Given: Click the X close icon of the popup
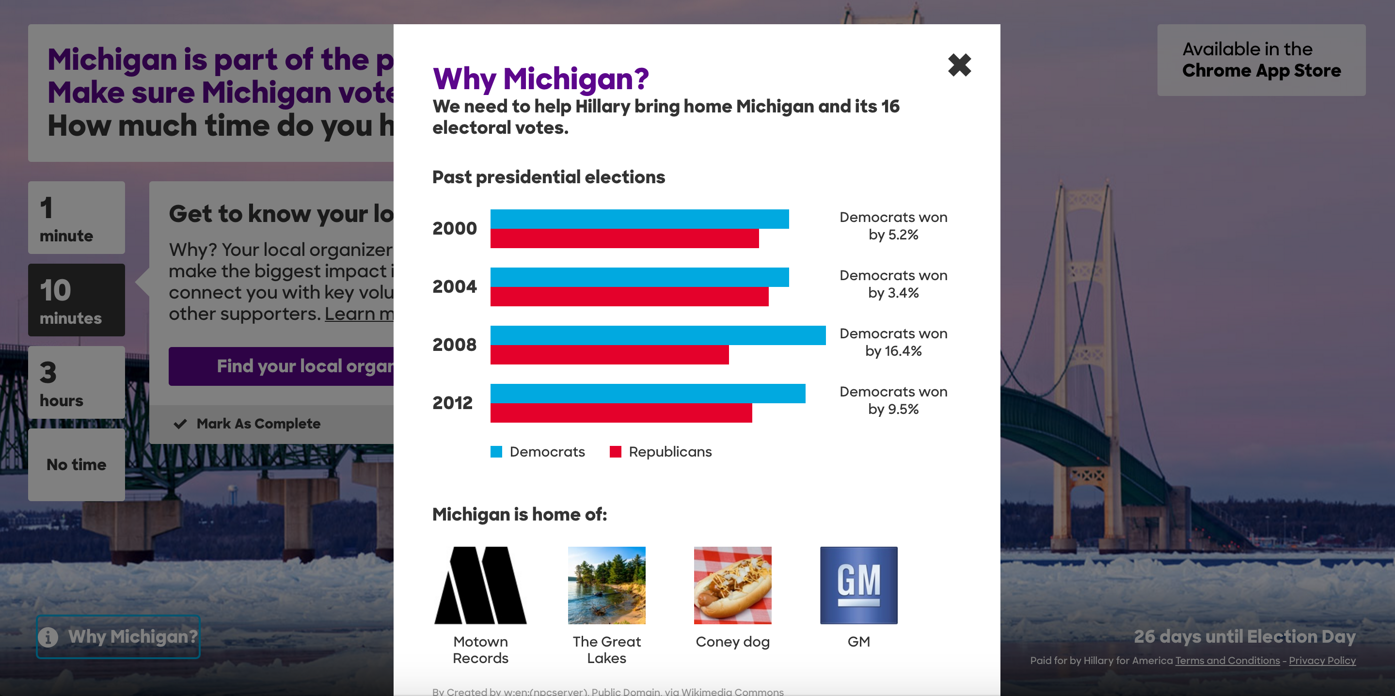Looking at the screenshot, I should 959,65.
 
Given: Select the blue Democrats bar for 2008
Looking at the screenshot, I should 657,335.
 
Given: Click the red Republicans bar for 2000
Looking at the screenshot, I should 624,238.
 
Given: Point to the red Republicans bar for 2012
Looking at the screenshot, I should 620,413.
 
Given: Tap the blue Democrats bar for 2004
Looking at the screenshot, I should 639,277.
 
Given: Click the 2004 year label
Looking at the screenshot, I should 454,286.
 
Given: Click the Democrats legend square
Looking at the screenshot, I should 496,452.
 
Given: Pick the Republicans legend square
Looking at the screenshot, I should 615,452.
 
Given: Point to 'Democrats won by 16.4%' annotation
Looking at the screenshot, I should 893,342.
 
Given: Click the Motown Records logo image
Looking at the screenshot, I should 480,585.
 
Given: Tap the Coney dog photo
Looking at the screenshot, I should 732,585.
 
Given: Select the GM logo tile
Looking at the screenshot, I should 858,585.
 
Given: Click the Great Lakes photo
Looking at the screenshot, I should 606,585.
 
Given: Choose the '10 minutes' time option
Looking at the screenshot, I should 77,300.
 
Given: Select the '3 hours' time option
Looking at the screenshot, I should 77,382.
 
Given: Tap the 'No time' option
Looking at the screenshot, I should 77,465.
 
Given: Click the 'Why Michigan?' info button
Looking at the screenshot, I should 118,636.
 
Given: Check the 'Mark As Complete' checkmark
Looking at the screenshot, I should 180,424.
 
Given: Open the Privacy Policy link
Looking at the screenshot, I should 1322,660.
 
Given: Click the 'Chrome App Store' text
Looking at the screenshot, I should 1261,70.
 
